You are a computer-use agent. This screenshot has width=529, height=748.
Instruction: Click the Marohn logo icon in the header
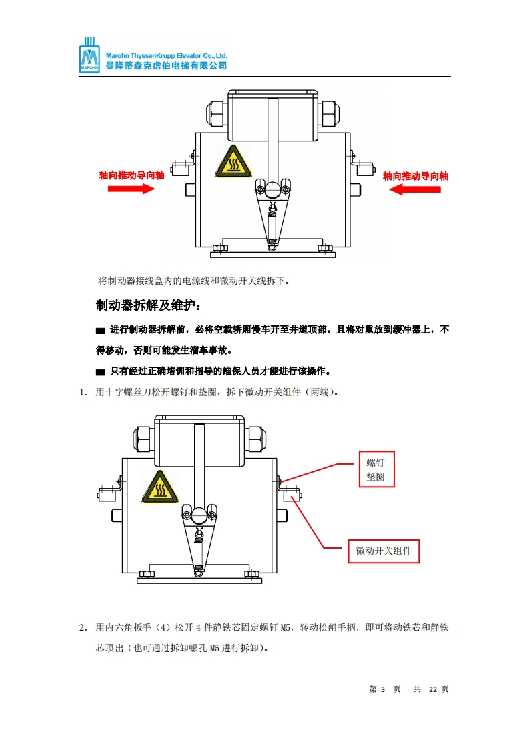coord(89,55)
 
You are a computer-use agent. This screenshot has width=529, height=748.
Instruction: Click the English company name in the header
coord(167,56)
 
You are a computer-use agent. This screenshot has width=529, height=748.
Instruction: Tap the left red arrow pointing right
coord(131,189)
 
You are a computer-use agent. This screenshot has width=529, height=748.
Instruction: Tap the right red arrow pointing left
coord(414,189)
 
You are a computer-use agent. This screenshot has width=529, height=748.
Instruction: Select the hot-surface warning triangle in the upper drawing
coord(233,162)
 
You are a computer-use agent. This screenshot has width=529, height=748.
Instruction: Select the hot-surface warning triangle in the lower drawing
coord(160,487)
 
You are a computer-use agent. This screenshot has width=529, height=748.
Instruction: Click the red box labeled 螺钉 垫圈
coord(377,469)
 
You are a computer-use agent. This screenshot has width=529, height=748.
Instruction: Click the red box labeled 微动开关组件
coord(384,551)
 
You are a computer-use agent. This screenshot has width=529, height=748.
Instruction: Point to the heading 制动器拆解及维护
coord(149,305)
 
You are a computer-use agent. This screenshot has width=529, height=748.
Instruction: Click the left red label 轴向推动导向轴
coord(132,175)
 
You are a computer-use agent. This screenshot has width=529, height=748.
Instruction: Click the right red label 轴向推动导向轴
coord(416,176)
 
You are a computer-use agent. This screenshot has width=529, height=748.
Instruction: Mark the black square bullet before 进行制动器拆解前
coord(101,331)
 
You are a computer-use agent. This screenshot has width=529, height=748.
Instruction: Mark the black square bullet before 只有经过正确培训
coord(101,372)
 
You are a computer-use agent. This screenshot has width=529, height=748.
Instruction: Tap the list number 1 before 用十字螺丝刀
coord(83,393)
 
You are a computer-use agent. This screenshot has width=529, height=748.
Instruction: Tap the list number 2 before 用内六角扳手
coord(83,628)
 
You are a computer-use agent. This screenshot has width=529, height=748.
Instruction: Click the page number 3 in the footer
coord(383,689)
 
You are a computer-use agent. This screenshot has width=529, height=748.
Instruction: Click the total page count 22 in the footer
coord(433,689)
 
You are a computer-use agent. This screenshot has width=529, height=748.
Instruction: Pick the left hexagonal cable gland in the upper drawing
coord(217,114)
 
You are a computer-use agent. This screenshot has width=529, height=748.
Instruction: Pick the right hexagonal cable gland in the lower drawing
coord(256,439)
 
